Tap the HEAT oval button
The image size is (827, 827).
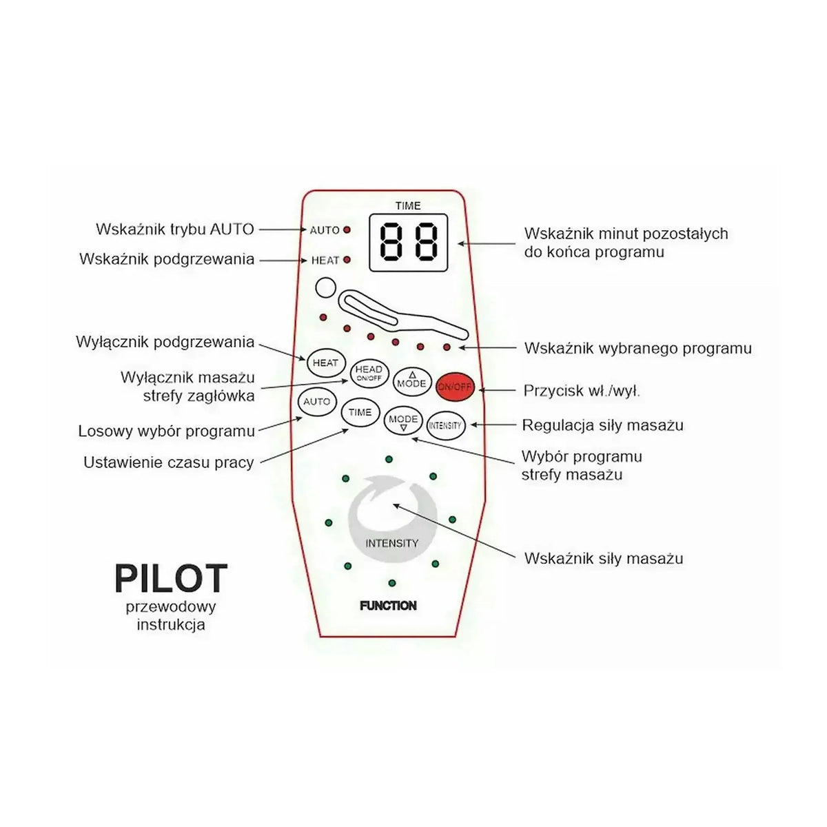326,363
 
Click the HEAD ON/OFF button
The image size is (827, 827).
369,374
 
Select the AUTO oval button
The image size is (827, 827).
317,402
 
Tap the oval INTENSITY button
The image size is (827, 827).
446,425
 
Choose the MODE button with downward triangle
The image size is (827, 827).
403,421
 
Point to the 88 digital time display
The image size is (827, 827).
409,243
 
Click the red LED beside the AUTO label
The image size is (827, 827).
347,229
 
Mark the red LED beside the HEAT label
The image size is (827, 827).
347,260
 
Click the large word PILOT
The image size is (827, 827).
171,578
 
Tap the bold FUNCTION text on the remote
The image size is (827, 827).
389,606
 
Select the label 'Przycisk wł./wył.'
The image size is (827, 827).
582,391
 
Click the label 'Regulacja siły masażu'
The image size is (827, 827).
602,425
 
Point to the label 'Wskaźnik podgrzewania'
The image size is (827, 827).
167,259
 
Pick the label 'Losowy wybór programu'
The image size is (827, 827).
167,431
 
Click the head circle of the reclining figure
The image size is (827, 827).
325,287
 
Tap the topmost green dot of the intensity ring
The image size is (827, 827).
389,459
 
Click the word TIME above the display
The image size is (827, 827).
408,206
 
